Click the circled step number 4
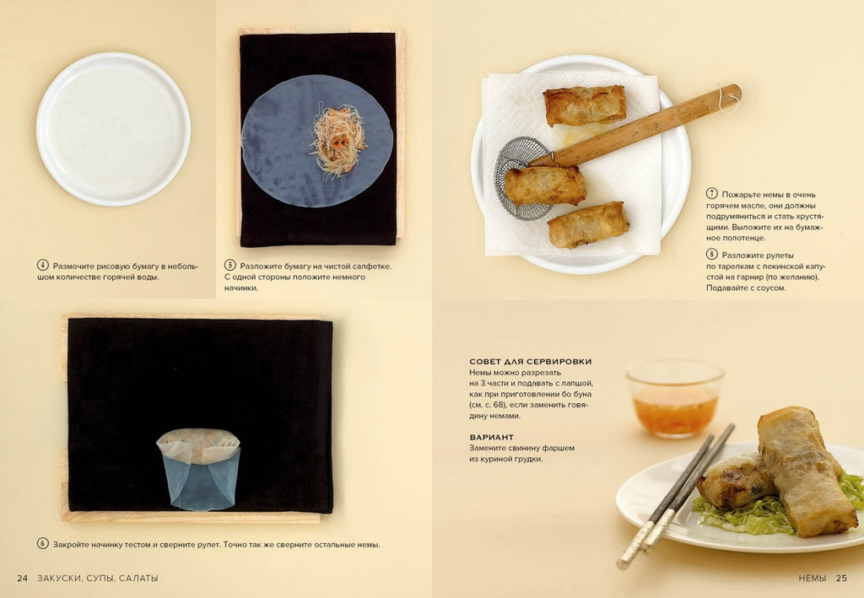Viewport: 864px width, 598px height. point(43,266)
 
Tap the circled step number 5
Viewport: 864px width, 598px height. point(229,266)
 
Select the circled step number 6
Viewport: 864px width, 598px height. point(43,544)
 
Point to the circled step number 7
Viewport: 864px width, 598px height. point(712,194)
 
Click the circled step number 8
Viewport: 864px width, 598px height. point(712,255)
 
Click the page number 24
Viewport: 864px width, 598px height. point(22,578)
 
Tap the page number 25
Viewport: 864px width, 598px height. point(841,578)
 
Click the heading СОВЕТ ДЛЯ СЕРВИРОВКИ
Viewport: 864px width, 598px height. point(531,362)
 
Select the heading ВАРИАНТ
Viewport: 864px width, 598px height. point(492,437)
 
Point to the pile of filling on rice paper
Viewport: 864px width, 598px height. point(338,140)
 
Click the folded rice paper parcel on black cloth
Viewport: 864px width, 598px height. point(198,469)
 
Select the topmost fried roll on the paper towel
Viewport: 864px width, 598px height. point(585,105)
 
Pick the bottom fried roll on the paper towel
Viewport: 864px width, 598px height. point(588,224)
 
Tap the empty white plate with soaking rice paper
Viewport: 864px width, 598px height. point(114,129)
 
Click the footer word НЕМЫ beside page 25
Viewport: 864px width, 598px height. point(813,578)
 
